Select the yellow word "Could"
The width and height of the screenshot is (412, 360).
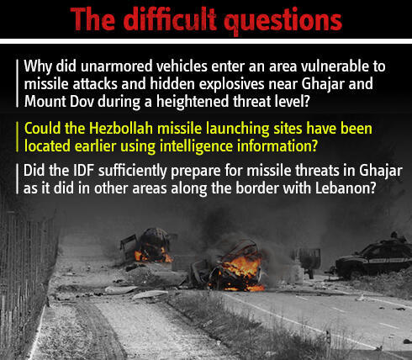(x=44, y=129)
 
